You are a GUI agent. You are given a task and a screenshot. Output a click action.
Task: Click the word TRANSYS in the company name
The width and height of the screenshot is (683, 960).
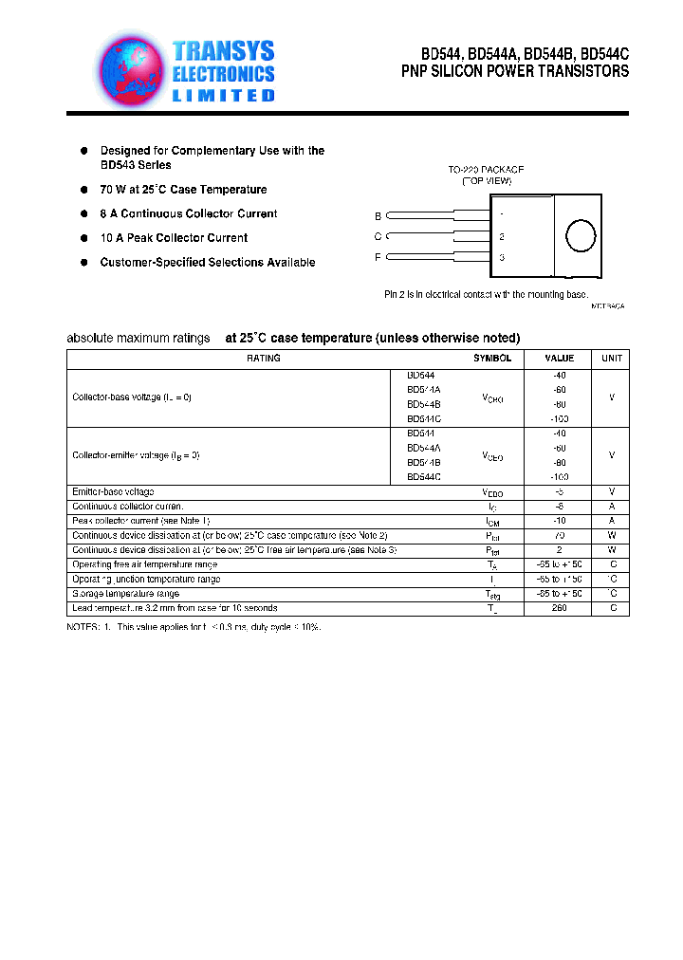pos(224,51)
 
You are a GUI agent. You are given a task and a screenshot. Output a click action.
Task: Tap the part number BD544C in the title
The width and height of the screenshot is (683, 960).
pos(604,54)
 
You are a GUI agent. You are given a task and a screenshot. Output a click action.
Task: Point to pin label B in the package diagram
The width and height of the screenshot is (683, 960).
pos(378,216)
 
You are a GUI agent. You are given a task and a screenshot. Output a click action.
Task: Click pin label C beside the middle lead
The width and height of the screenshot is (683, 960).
pos(378,237)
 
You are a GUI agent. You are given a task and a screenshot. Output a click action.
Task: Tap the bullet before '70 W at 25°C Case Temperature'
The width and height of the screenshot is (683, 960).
pos(83,190)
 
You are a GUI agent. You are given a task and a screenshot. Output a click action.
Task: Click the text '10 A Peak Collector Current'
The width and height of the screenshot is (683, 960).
pos(174,238)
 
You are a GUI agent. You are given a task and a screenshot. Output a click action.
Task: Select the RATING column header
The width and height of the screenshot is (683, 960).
pos(263,359)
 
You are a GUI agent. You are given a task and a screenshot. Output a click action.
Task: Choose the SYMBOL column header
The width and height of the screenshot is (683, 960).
pos(492,359)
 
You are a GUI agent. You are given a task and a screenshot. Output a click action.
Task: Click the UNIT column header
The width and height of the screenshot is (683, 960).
pos(612,359)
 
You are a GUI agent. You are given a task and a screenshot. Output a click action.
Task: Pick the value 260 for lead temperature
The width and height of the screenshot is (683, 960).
pos(559,608)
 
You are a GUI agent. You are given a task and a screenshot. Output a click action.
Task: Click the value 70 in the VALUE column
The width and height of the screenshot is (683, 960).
pos(559,536)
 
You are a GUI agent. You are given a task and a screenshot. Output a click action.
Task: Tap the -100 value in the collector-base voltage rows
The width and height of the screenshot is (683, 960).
pos(559,418)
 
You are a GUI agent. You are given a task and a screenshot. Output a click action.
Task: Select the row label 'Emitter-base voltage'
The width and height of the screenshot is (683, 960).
pos(113,492)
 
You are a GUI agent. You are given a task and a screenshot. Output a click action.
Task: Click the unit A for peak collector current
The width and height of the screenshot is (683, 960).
pos(612,521)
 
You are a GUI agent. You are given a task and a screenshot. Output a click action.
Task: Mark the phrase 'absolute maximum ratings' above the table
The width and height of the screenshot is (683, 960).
pos(138,339)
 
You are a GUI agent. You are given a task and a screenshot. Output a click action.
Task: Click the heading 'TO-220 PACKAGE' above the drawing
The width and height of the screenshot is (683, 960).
pos(486,170)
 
